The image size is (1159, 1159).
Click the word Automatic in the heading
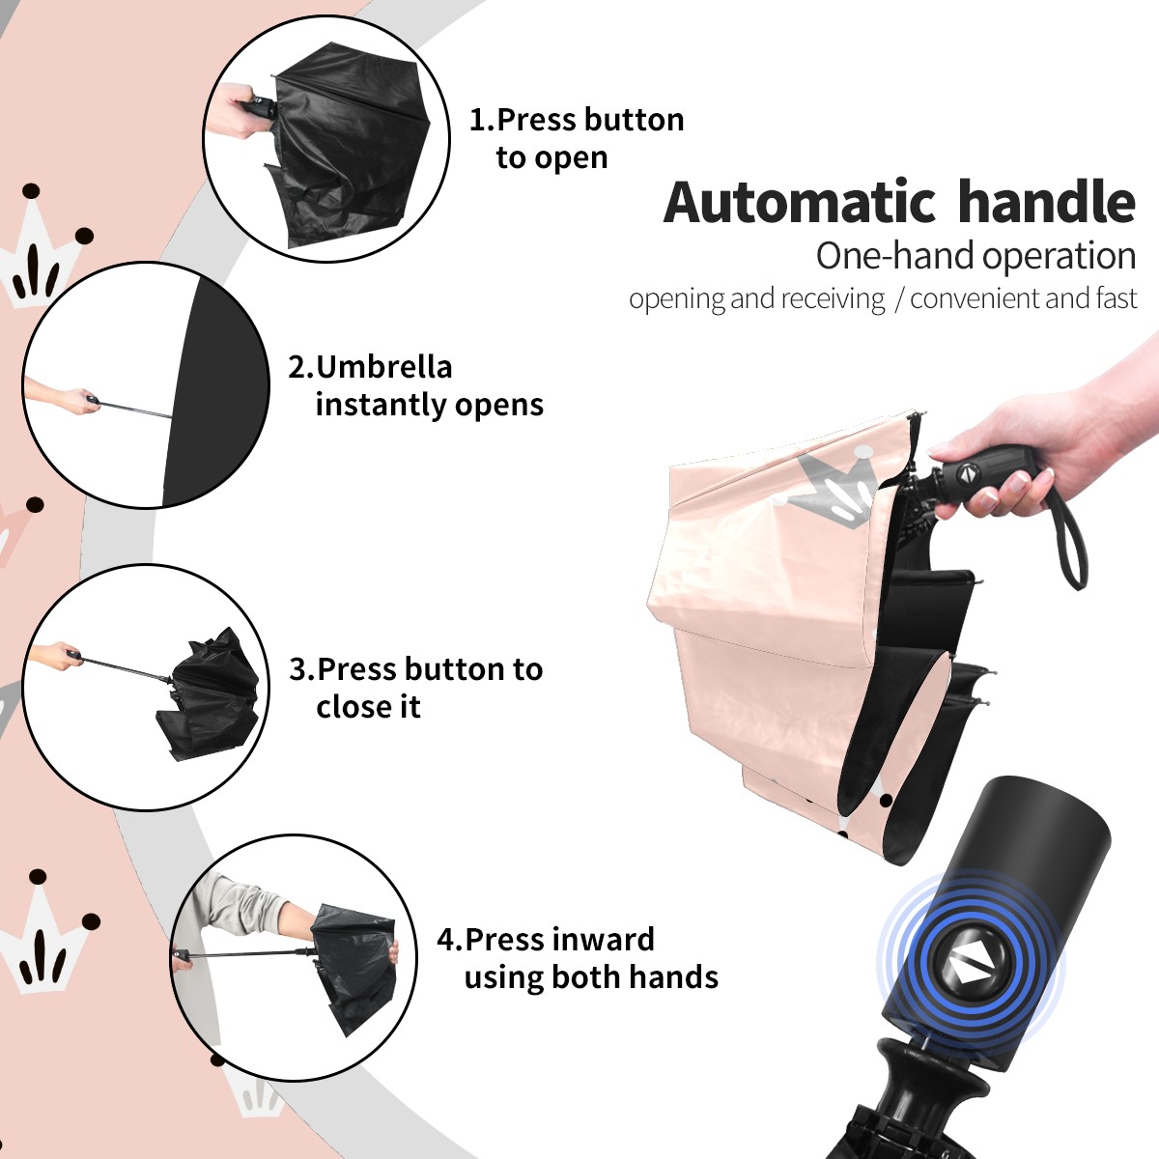click(800, 202)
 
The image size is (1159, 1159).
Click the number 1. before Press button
click(482, 120)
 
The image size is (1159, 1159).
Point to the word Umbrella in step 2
click(384, 367)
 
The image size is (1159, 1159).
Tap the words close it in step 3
click(368, 706)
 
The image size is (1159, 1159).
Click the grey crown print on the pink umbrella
click(832, 488)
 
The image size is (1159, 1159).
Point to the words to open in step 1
click(551, 158)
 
